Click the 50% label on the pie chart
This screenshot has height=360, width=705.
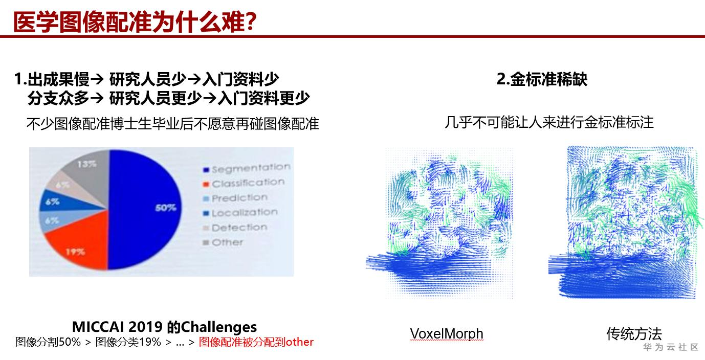pos(166,208)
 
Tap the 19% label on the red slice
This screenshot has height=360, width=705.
pos(75,252)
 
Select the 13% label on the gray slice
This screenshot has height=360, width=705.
pos(87,164)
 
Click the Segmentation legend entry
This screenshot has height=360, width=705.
pos(247,168)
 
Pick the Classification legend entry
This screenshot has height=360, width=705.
pos(244,183)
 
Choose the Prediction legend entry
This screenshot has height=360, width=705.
pos(235,198)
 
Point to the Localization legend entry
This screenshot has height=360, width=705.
pos(240,213)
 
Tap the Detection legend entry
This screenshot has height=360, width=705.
pos(235,228)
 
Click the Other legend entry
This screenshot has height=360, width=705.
pos(223,242)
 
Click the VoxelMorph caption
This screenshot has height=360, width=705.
pos(446,333)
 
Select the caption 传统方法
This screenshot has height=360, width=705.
pos(634,333)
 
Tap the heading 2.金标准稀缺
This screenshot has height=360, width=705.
pos(542,79)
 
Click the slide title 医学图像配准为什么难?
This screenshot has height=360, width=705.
pos(135,21)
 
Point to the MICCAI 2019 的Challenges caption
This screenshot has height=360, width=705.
pos(164,327)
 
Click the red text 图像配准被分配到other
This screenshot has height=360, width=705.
pos(256,342)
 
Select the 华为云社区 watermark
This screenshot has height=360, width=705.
pos(670,347)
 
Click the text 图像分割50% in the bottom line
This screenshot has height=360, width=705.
pos(48,342)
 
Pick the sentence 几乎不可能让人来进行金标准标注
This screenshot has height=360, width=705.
pos(549,122)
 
